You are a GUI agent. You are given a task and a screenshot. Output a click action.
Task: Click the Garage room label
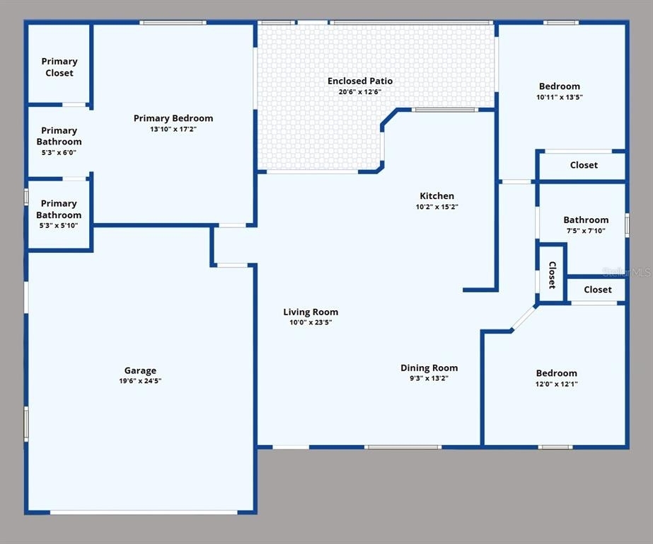coord(140,370)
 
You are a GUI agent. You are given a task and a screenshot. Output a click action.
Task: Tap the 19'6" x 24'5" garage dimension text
coord(140,380)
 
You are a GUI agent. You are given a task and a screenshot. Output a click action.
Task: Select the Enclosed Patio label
coord(360,81)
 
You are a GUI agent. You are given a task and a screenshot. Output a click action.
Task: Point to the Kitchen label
coord(437,196)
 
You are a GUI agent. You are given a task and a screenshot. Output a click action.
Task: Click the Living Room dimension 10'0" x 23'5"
coord(311,322)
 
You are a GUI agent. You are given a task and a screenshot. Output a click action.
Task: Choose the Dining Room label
coord(429,368)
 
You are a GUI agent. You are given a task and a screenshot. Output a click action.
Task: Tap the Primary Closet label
coord(59,67)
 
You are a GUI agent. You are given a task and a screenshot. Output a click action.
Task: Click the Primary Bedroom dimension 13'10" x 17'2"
coord(173,129)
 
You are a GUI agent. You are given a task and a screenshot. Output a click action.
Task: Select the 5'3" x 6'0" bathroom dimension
coord(59,152)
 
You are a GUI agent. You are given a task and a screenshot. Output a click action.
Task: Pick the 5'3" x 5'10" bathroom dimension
coord(59,225)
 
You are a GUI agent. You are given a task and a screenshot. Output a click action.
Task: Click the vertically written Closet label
coord(553,275)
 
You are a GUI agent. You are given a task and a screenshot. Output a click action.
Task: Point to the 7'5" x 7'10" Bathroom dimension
coord(586,230)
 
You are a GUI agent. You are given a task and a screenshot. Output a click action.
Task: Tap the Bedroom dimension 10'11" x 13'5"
coord(560,97)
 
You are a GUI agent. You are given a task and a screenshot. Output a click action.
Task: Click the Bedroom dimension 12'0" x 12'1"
coord(556,384)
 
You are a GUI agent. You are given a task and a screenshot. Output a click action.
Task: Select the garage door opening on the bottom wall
coord(144,512)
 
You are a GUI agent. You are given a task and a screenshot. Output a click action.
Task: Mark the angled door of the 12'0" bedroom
coord(524,318)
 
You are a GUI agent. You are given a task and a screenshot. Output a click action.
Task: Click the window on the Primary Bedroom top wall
coord(173,23)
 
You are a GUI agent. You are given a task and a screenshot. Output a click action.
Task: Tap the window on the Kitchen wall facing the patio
coord(445,110)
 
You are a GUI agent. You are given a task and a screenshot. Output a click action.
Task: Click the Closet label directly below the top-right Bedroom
coord(584,165)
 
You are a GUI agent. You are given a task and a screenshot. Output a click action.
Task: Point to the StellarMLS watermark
coord(627,272)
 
